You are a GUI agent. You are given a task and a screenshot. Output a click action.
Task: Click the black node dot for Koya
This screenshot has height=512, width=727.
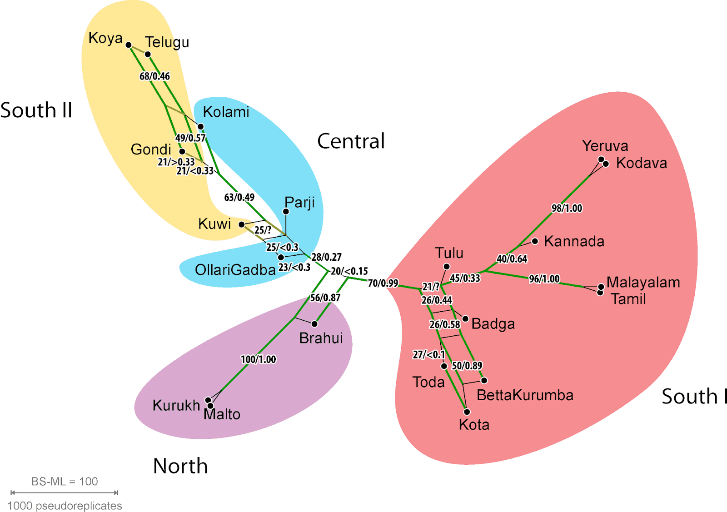pyautogui.click(x=129, y=45)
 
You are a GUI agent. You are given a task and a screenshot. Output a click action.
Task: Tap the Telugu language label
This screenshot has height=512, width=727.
pyautogui.click(x=167, y=42)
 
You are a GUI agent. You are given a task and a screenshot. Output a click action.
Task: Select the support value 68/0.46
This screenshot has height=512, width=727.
pyautogui.click(x=154, y=76)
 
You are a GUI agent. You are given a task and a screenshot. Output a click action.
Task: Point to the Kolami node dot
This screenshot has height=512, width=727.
pyautogui.click(x=200, y=127)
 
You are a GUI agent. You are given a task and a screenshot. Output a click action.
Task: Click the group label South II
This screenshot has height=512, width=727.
pyautogui.click(x=36, y=110)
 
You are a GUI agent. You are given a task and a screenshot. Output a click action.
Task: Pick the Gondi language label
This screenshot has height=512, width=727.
pyautogui.click(x=151, y=149)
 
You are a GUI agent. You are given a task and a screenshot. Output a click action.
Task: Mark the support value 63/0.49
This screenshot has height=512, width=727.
pyautogui.click(x=239, y=197)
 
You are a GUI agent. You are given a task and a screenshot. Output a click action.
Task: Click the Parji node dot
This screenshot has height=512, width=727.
pyautogui.click(x=286, y=211)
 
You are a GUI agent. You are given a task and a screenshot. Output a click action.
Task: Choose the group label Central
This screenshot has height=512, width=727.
pyautogui.click(x=351, y=141)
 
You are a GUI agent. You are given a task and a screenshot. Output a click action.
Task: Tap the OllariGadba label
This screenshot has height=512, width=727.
pyautogui.click(x=235, y=270)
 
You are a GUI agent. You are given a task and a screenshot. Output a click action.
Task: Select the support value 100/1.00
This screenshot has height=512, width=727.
pyautogui.click(x=258, y=359)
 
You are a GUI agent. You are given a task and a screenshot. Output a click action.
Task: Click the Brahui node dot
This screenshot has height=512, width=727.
pyautogui.click(x=314, y=324)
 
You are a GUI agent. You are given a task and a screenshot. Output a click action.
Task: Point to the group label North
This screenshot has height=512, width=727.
pyautogui.click(x=180, y=466)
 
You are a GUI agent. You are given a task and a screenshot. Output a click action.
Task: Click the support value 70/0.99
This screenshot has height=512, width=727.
pyautogui.click(x=383, y=283)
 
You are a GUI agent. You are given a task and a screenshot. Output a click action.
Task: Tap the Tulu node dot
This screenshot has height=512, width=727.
pyautogui.click(x=447, y=267)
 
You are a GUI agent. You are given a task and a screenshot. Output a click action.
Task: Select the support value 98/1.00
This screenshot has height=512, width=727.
pyautogui.click(x=567, y=208)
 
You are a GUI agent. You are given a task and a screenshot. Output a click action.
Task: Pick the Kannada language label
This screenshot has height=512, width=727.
pyautogui.click(x=574, y=241)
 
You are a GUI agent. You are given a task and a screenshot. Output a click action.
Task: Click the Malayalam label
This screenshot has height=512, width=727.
pyautogui.click(x=643, y=283)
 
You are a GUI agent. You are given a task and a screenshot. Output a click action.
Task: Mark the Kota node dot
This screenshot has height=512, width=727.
pyautogui.click(x=467, y=412)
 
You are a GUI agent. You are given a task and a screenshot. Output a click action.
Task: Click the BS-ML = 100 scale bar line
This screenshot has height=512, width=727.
pyautogui.click(x=65, y=492)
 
